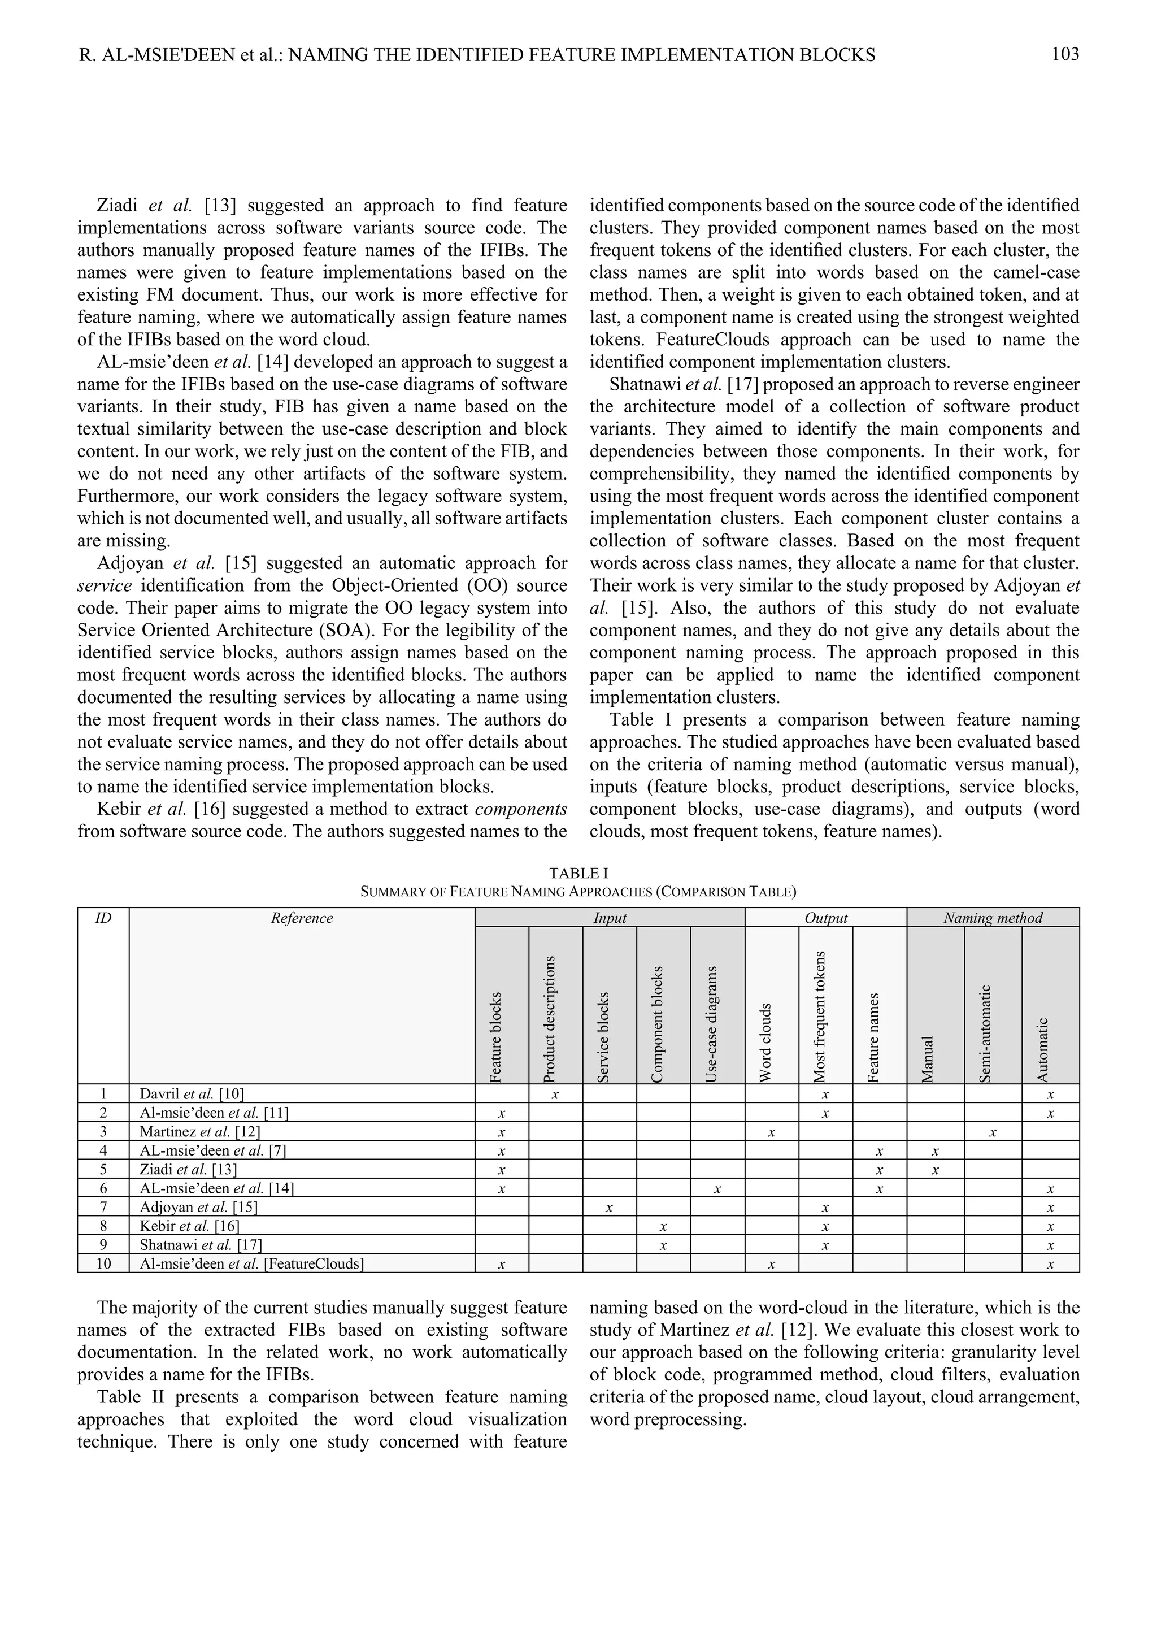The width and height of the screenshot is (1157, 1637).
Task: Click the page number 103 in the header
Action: pos(1065,54)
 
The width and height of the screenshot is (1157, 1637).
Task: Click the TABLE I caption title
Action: pos(578,872)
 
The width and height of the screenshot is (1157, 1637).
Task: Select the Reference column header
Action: pos(302,918)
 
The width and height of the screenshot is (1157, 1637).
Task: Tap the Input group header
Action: pos(610,918)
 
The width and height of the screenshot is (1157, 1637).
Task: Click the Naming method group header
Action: pos(993,918)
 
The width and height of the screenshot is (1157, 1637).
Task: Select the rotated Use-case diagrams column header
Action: pos(712,1024)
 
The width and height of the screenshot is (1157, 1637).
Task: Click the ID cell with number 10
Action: pos(103,1264)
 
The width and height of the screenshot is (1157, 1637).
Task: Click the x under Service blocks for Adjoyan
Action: pos(609,1208)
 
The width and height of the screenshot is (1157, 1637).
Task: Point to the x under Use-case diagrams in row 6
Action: pos(717,1188)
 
